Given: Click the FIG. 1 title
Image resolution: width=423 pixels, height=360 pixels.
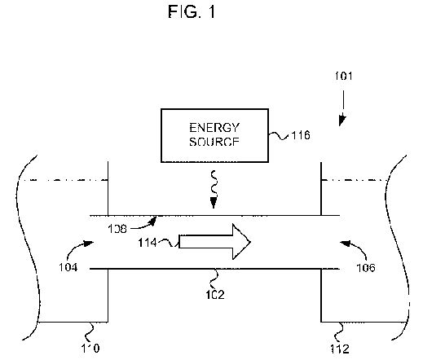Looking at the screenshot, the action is tap(192, 11).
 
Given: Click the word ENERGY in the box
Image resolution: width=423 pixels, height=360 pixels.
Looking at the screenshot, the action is tap(214, 128).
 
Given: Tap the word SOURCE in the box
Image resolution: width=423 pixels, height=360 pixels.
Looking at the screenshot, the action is tap(214, 142).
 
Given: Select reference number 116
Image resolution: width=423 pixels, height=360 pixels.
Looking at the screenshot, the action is tap(301, 135).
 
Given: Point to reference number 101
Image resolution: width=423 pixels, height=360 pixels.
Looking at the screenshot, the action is tap(344, 76).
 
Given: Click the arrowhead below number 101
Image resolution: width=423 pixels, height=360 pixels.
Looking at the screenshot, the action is tap(342, 121).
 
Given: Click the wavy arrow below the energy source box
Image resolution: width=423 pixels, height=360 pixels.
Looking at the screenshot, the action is tap(214, 189).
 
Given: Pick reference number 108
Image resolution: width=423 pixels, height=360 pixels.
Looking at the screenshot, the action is tap(117, 229).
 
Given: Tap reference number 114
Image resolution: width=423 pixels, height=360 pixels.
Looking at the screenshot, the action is tap(148, 243).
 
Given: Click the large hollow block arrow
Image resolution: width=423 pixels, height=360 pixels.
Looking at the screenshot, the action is tap(214, 242).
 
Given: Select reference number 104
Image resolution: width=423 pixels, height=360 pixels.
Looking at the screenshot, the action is tap(68, 267).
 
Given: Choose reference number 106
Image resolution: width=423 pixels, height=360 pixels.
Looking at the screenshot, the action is tap(366, 268).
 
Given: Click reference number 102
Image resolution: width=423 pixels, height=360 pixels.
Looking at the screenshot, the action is tap(215, 295).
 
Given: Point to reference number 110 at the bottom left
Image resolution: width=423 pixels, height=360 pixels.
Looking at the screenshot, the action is tap(90, 348).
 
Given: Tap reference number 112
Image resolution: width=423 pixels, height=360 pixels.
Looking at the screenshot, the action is tap(340, 349).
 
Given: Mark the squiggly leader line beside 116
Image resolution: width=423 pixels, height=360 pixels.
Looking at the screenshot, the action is tap(279, 136).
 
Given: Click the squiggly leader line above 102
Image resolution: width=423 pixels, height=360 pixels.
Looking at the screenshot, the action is tap(214, 279).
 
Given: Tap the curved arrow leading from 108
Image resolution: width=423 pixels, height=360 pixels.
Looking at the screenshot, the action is tap(145, 226).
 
